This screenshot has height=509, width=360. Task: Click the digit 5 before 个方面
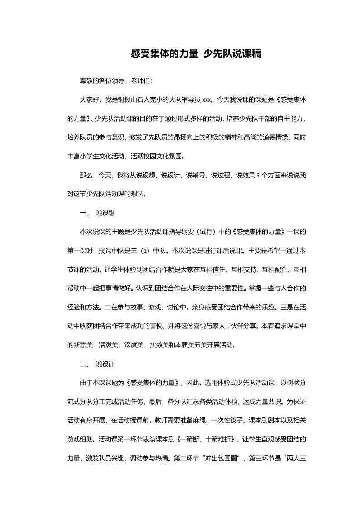pyautogui.click(x=257, y=176)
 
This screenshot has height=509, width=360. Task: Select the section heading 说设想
pyautogui.click(x=105, y=213)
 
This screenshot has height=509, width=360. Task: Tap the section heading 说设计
pyautogui.click(x=105, y=364)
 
